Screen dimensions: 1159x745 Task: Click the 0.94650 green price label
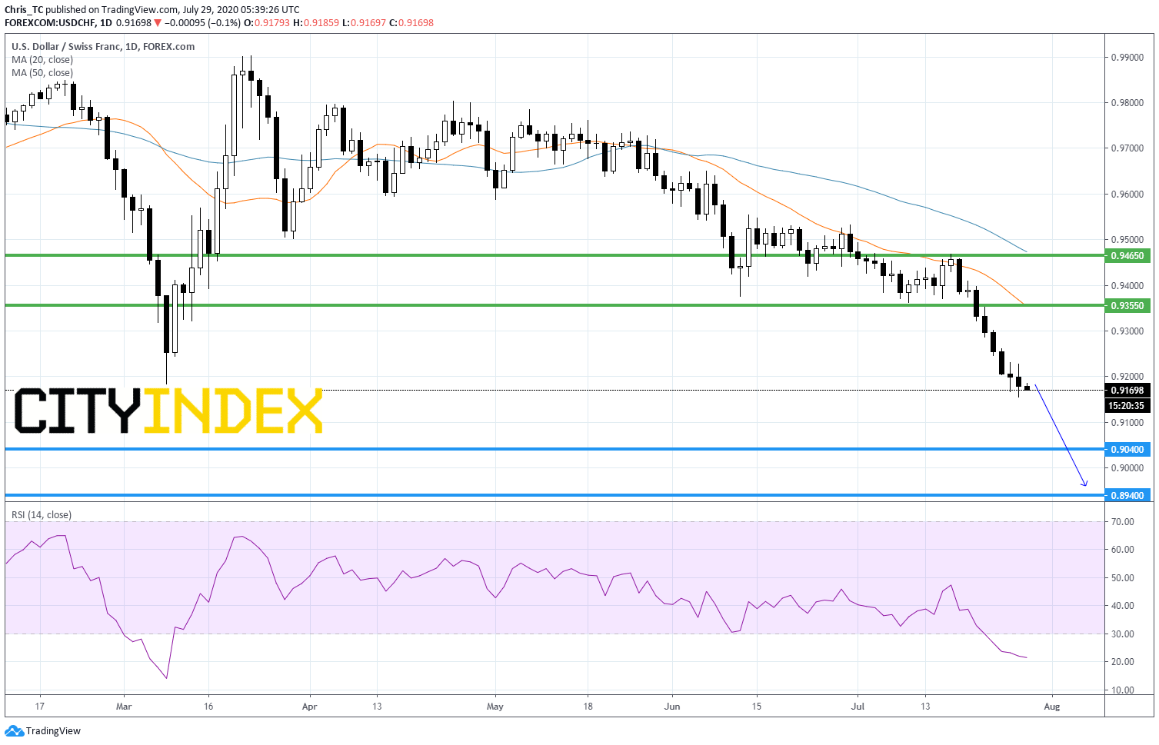1127,255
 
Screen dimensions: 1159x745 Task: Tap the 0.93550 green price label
1127,306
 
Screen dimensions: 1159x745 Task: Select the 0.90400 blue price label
1127,449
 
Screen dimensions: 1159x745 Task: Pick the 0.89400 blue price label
1127,495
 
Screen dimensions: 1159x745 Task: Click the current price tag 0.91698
1127,390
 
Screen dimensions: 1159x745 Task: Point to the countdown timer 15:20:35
1127,406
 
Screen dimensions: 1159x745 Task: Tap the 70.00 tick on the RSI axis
1123,521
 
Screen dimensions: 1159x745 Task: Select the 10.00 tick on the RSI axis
1123,690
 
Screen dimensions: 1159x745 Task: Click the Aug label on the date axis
1052,707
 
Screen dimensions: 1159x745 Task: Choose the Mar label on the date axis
124,707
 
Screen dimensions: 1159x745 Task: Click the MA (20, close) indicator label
42,59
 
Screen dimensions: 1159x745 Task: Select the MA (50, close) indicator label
42,73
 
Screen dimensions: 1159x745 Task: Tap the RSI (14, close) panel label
42,515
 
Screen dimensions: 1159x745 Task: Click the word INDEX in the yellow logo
233,411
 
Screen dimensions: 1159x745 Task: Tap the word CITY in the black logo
78,411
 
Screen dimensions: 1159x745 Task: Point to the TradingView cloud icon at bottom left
14,731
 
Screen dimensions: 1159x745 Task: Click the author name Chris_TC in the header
24,9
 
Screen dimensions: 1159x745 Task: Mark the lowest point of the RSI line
167,678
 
